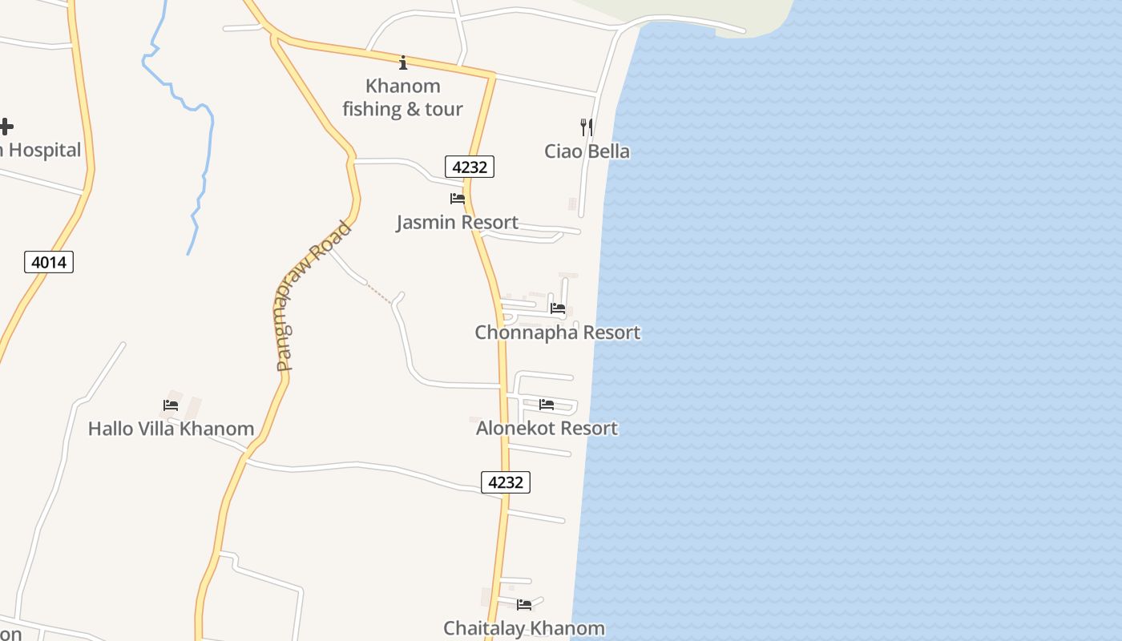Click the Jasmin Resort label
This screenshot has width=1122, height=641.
click(x=457, y=222)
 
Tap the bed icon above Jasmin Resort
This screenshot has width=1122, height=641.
click(x=457, y=198)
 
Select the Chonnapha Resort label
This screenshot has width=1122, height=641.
click(x=557, y=332)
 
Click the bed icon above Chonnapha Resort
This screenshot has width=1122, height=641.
click(x=558, y=308)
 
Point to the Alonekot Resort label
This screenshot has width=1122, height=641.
click(x=547, y=428)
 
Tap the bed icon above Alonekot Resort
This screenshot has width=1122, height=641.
click(x=547, y=405)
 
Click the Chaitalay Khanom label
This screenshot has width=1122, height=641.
click(x=524, y=628)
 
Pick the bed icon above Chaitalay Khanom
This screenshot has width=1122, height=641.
click(x=524, y=605)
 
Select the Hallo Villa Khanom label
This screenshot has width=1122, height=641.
click(x=171, y=429)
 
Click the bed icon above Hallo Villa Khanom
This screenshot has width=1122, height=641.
click(x=171, y=405)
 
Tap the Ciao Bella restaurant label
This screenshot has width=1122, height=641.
click(x=587, y=151)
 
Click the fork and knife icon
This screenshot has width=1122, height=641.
click(x=587, y=127)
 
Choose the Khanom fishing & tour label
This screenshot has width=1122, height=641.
click(x=403, y=98)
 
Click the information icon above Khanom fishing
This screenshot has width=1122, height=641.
click(x=403, y=62)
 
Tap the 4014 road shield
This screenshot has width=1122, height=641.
click(x=49, y=262)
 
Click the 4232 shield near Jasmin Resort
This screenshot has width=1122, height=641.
click(x=470, y=167)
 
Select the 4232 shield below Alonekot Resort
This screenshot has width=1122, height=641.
click(x=506, y=482)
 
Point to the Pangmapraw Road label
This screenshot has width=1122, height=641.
click(x=313, y=296)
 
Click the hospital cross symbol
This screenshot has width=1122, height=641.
click(x=6, y=127)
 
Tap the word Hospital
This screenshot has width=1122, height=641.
click(x=45, y=150)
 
